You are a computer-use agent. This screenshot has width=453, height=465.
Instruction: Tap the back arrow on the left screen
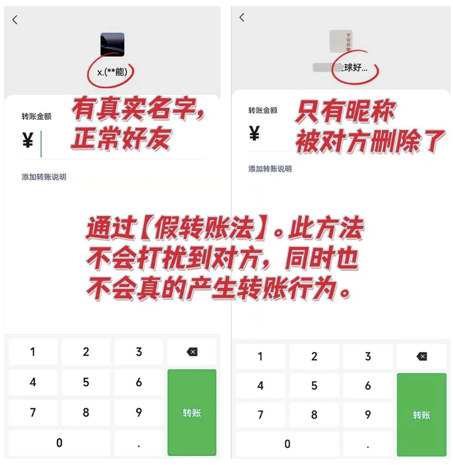[x=15, y=20]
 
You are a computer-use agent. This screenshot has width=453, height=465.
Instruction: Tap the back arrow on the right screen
[x=242, y=18]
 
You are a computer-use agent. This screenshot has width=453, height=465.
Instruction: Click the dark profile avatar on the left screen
[x=112, y=45]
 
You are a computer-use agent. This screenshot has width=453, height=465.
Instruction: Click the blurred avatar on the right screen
[x=341, y=42]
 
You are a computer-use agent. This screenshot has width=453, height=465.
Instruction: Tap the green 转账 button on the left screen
[x=192, y=412]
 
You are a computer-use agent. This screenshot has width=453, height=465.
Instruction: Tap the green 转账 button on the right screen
[x=421, y=415]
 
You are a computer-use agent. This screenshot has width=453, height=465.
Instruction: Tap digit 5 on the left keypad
[x=86, y=382]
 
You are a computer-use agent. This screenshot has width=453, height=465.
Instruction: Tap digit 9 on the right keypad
[x=368, y=415]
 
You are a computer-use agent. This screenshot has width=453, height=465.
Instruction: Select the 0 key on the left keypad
[x=59, y=443]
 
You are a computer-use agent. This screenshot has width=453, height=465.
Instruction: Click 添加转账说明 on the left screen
[x=44, y=177]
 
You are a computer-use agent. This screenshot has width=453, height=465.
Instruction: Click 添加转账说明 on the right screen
[x=270, y=168]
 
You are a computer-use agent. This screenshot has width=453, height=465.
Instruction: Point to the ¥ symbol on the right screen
[x=254, y=133]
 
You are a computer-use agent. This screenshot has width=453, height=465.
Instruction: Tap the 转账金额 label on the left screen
[x=37, y=117]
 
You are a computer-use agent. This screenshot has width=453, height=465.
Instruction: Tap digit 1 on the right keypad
[x=260, y=357]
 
